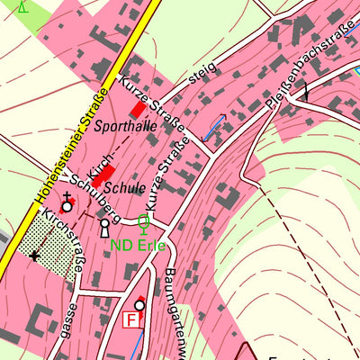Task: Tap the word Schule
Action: [124, 188]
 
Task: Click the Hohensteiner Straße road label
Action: [71, 145]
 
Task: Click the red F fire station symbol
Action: [134, 319]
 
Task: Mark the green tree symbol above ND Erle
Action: [143, 221]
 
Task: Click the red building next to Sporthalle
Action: [139, 109]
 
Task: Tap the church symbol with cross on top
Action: [67, 204]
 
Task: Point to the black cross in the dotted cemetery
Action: [34, 256]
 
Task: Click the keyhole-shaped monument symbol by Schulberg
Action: [104, 225]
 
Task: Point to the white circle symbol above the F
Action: [139, 304]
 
